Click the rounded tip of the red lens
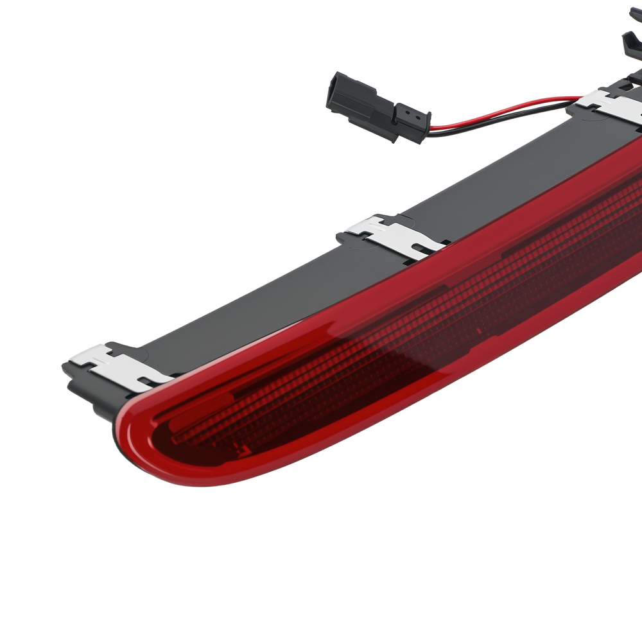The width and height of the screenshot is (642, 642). tap(132, 437)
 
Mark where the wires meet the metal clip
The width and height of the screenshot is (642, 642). tap(578, 103)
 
